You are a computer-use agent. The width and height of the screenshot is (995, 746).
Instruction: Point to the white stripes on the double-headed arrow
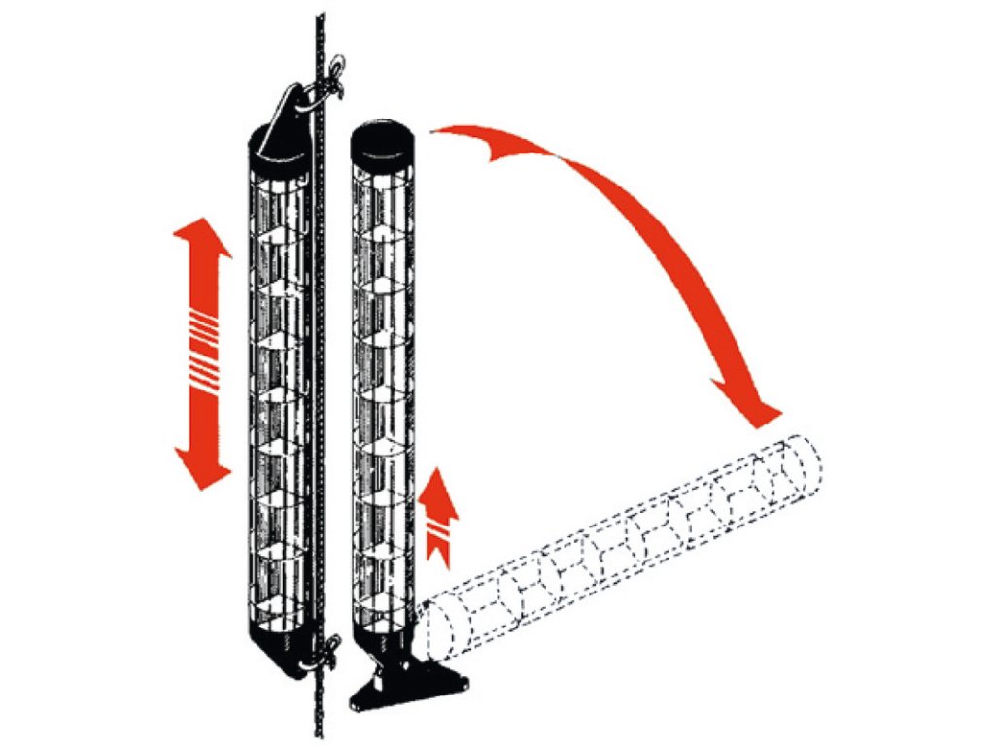pos(202,351)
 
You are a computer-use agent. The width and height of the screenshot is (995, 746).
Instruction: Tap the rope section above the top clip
pos(319,39)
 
